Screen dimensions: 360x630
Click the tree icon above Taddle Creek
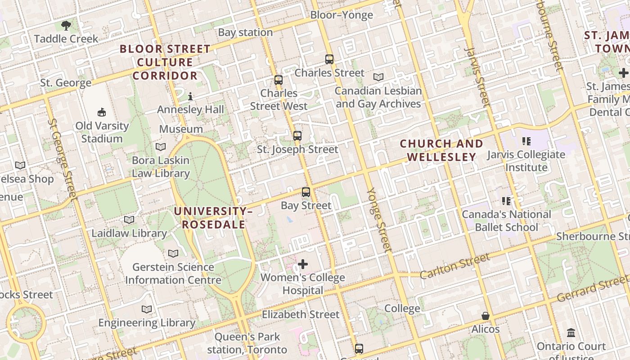pos(66,26)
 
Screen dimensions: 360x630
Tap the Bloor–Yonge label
pos(342,15)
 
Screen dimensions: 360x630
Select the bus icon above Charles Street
pos(329,59)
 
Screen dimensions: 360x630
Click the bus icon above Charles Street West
pos(279,80)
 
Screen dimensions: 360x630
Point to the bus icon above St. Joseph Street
pos(297,135)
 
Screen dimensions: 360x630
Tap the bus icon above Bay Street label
pos(306,192)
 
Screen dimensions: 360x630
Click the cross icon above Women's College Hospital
pos(303,264)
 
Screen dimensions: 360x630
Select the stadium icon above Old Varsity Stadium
pos(102,112)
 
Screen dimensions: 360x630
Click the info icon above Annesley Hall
pos(190,96)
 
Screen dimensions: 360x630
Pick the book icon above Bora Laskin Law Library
pos(160,147)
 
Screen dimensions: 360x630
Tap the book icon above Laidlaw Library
pos(129,220)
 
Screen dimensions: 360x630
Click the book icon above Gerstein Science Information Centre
pos(173,254)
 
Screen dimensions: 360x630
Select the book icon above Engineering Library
pos(147,310)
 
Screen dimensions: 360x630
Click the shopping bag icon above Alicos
pos(486,316)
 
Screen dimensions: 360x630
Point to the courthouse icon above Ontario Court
pos(571,333)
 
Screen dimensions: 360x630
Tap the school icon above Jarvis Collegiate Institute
pos(526,141)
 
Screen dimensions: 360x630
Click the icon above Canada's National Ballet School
pos(506,201)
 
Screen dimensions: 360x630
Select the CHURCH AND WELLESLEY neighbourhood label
pos(441,150)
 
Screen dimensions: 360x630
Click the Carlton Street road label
pos(454,265)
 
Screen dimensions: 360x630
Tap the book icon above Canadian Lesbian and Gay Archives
pos(378,77)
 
